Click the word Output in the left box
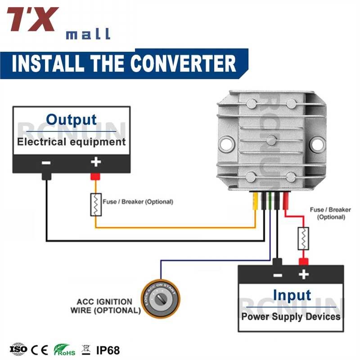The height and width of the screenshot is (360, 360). point(71,120)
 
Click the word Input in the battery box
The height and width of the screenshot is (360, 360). point(292,295)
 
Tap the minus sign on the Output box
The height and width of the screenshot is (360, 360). point(46,162)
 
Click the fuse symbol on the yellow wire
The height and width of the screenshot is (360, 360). point(96,205)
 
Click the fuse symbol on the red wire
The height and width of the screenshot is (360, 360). point(304,238)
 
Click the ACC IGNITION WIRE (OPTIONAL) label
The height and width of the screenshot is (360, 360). point(105,306)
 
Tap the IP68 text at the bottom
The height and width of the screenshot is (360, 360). point(108,350)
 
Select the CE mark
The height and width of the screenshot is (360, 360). point(40,350)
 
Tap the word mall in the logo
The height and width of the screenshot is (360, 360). point(88,34)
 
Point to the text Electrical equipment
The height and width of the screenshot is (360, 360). point(71,142)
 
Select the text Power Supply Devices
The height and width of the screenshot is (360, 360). point(291,316)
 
